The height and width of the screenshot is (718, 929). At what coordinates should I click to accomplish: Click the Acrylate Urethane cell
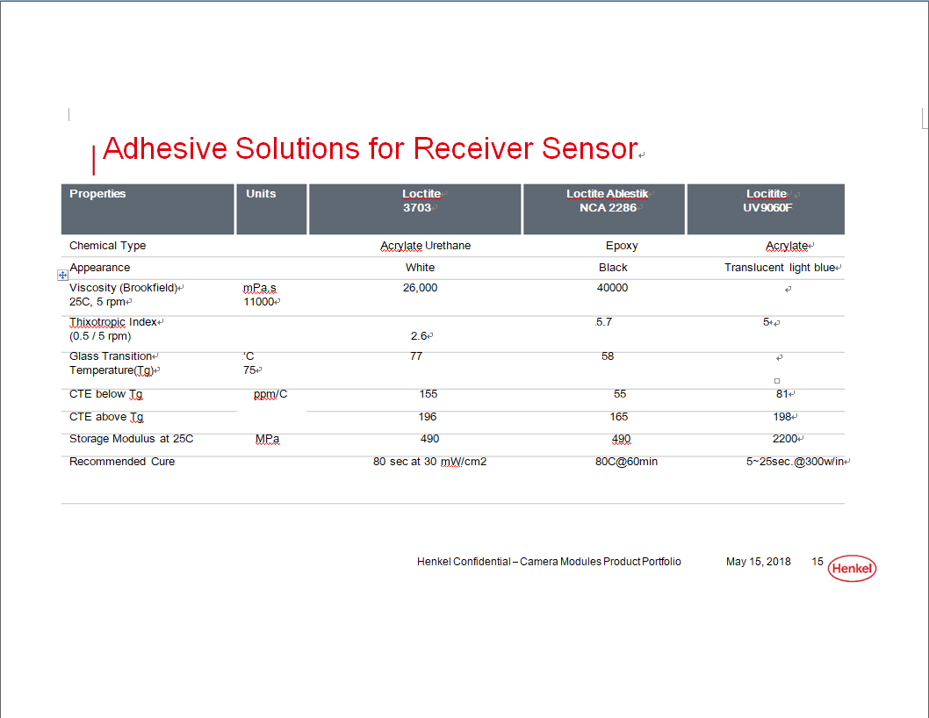[425, 246]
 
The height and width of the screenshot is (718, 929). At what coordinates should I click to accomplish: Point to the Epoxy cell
[622, 246]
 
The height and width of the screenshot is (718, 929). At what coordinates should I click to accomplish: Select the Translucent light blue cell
[780, 268]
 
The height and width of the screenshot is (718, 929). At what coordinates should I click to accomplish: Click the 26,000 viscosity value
[420, 288]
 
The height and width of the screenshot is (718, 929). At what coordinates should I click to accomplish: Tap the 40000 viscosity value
[612, 288]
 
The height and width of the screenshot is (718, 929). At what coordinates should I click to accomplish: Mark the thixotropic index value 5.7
[604, 322]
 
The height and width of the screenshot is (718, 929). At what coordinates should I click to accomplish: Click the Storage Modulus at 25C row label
[131, 439]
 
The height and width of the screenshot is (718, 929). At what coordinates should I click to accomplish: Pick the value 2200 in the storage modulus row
[785, 439]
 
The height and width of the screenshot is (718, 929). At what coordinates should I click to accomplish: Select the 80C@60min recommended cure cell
[626, 462]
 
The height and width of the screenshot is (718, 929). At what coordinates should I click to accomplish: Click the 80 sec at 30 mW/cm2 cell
[429, 462]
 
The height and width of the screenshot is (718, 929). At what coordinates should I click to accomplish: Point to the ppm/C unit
[270, 394]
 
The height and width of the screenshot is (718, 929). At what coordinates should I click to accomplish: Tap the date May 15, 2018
[759, 562]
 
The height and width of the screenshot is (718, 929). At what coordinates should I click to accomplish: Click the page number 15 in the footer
[817, 562]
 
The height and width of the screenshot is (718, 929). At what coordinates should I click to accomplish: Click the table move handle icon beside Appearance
[62, 275]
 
